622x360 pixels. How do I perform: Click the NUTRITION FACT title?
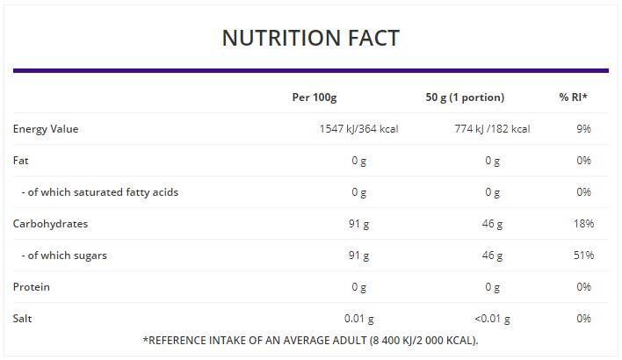310,38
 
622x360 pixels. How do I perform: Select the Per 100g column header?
315,97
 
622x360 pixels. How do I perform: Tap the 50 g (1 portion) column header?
465,97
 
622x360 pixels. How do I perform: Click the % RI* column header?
573,97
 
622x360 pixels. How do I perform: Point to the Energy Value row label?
46,129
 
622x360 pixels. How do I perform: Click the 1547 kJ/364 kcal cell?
358,129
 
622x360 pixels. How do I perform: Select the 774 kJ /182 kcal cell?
489,129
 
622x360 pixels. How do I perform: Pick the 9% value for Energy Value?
583,129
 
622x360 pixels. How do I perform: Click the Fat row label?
20,161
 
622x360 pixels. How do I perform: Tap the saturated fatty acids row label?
99,192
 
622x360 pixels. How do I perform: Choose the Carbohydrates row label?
50,224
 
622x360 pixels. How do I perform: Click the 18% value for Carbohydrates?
583,224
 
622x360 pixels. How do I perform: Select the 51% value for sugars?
583,256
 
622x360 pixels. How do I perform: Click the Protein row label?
32,287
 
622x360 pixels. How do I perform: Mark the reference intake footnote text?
310,341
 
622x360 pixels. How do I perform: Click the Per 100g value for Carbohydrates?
358,224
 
